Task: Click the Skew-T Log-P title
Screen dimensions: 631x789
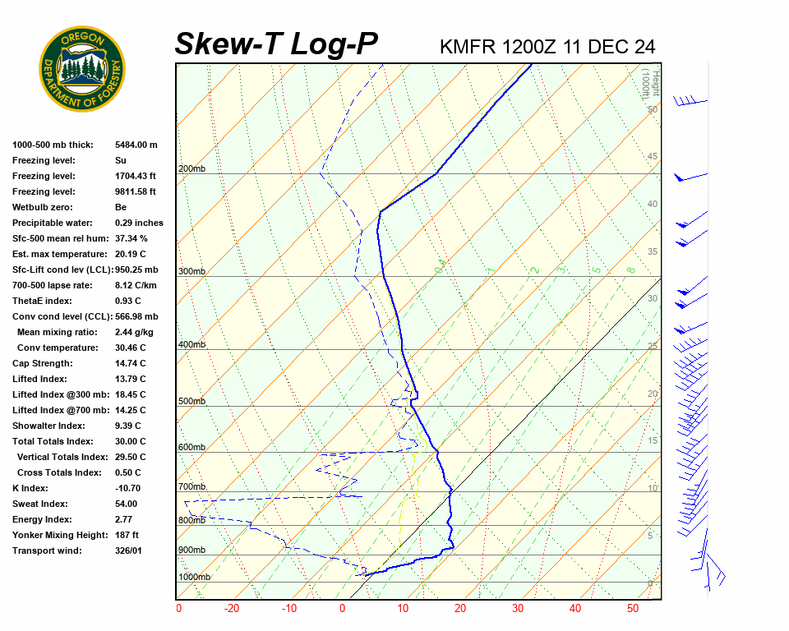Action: [x=276, y=44]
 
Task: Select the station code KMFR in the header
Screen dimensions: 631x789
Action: [x=468, y=47]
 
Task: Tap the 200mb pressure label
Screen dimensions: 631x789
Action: [x=191, y=169]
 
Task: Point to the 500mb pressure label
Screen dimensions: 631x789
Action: [x=191, y=402]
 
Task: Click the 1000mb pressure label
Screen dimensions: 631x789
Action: [x=194, y=578]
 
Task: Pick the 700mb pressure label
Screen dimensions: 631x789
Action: [x=191, y=487]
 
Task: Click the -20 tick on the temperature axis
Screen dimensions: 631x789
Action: [x=232, y=609]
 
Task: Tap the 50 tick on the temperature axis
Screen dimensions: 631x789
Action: [x=633, y=609]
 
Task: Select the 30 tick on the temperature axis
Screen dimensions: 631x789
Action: [x=518, y=609]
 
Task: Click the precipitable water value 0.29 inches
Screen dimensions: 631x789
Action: [x=139, y=223]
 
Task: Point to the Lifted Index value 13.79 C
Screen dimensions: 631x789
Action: [x=130, y=379]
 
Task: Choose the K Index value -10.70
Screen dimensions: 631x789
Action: [x=129, y=488]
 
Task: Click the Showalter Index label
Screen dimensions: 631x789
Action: [x=48, y=426]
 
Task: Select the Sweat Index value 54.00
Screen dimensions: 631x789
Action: [x=127, y=504]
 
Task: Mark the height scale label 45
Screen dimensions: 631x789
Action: [x=653, y=157]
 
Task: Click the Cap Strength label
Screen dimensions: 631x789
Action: [x=43, y=363]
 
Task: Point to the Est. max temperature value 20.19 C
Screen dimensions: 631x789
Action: [x=130, y=254]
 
